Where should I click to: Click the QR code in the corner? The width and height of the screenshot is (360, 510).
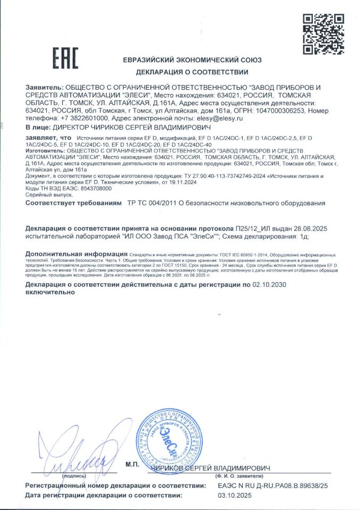[x=323, y=34]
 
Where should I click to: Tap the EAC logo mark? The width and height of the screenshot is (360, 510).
[x=65, y=58]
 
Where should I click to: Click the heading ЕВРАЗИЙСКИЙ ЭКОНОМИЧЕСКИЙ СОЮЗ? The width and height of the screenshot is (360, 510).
[x=192, y=60]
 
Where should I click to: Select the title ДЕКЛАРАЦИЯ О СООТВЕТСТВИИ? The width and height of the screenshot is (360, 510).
[x=192, y=72]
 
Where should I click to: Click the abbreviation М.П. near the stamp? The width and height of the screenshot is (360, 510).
[x=132, y=465]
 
